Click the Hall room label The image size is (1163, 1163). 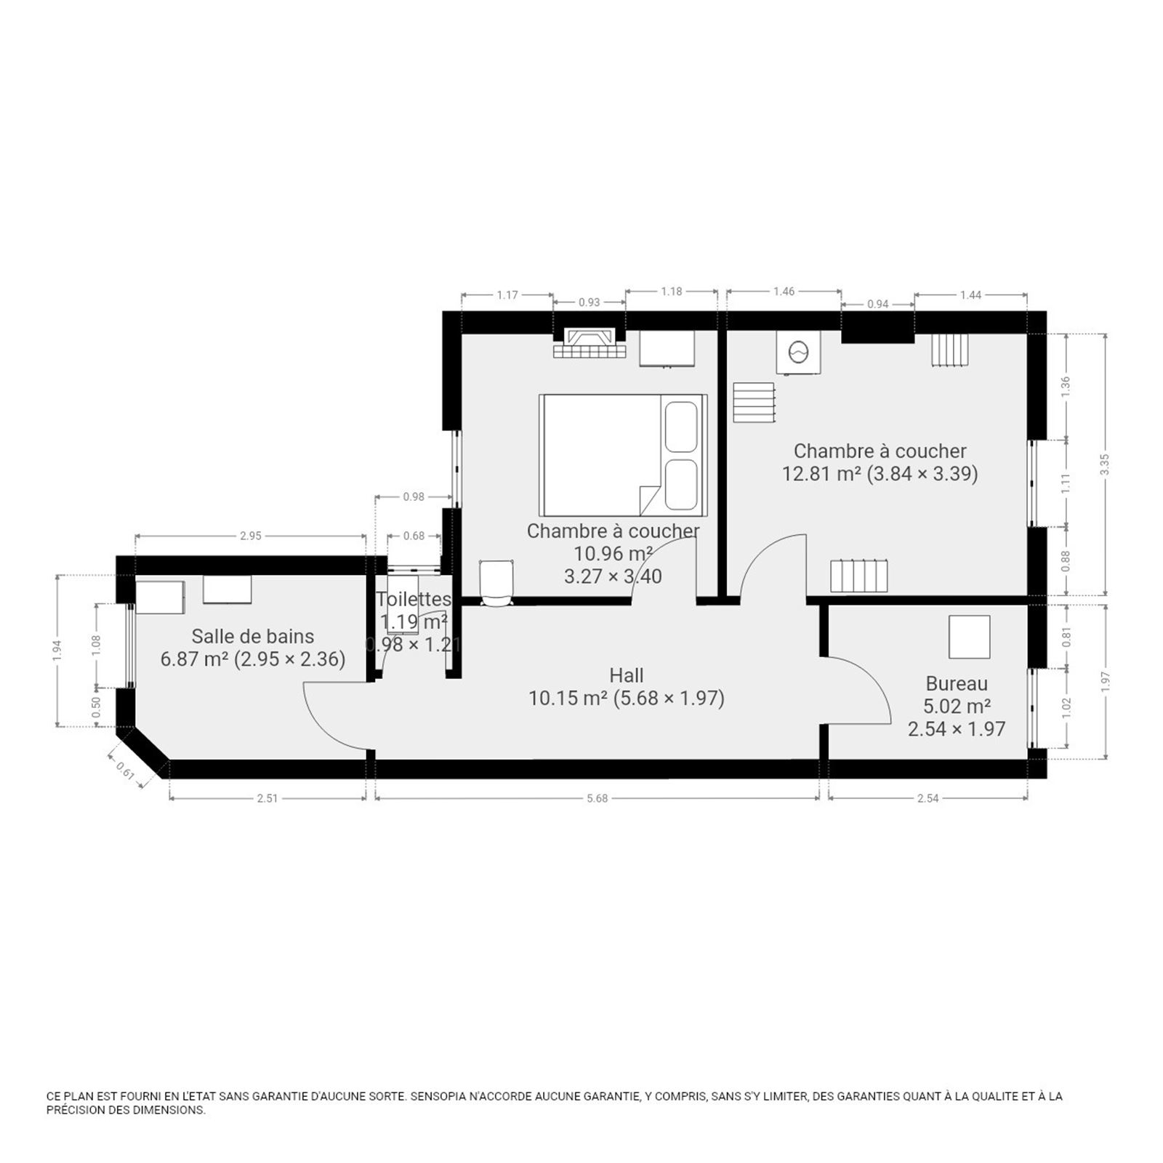[x=627, y=675]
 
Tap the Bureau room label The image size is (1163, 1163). [x=957, y=683]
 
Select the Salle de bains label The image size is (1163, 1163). [x=253, y=636]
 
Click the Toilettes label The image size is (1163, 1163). [x=414, y=599]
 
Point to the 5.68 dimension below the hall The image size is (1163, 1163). [x=597, y=798]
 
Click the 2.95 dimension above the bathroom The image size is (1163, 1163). [x=250, y=536]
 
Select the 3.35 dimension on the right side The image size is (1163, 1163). [x=1105, y=464]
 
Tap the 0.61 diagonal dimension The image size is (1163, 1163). [x=125, y=769]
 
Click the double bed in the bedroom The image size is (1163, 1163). [x=623, y=456]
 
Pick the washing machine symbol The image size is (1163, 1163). [x=798, y=353]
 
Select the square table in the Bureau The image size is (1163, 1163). [x=970, y=637]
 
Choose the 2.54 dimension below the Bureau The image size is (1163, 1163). [x=928, y=798]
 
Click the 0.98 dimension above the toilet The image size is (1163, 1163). [x=413, y=497]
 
